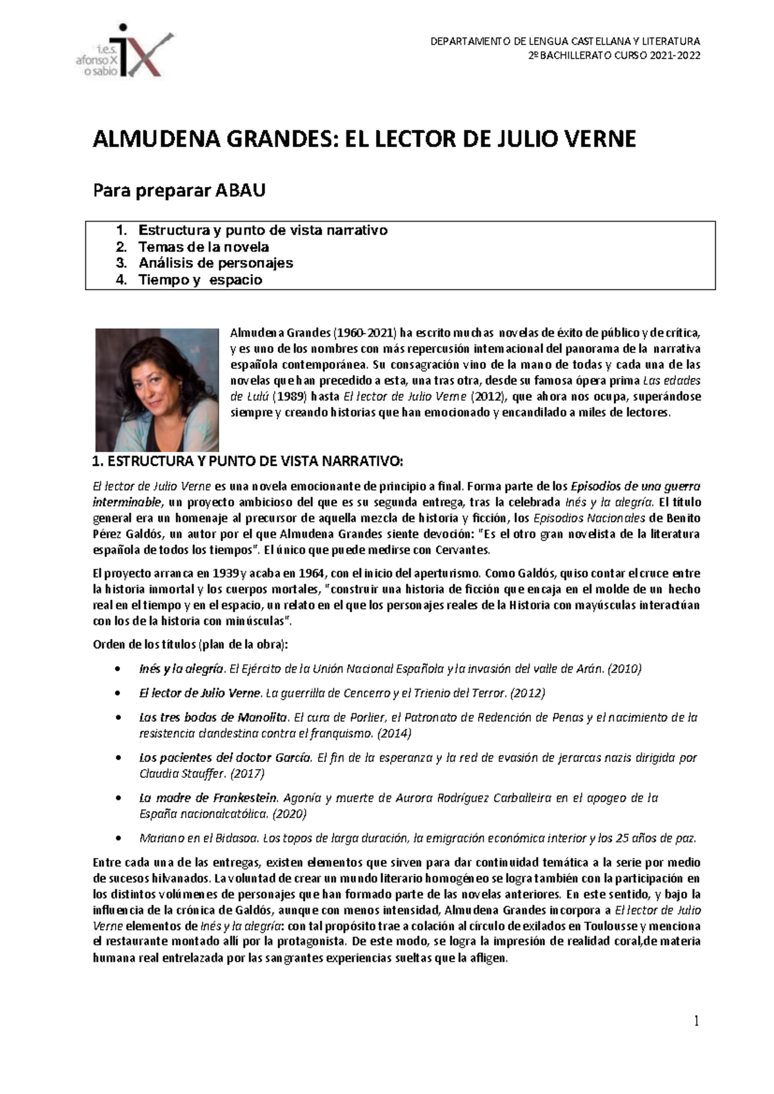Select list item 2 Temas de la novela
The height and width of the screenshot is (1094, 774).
coord(203,247)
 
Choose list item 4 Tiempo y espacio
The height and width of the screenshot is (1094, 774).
coord(200,280)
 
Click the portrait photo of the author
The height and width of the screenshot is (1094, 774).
coord(157,390)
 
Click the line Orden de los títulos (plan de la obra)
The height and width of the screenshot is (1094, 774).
coord(191,644)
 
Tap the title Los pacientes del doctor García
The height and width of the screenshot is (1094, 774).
coord(225,757)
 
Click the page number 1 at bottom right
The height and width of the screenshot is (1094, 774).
coord(697,1020)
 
